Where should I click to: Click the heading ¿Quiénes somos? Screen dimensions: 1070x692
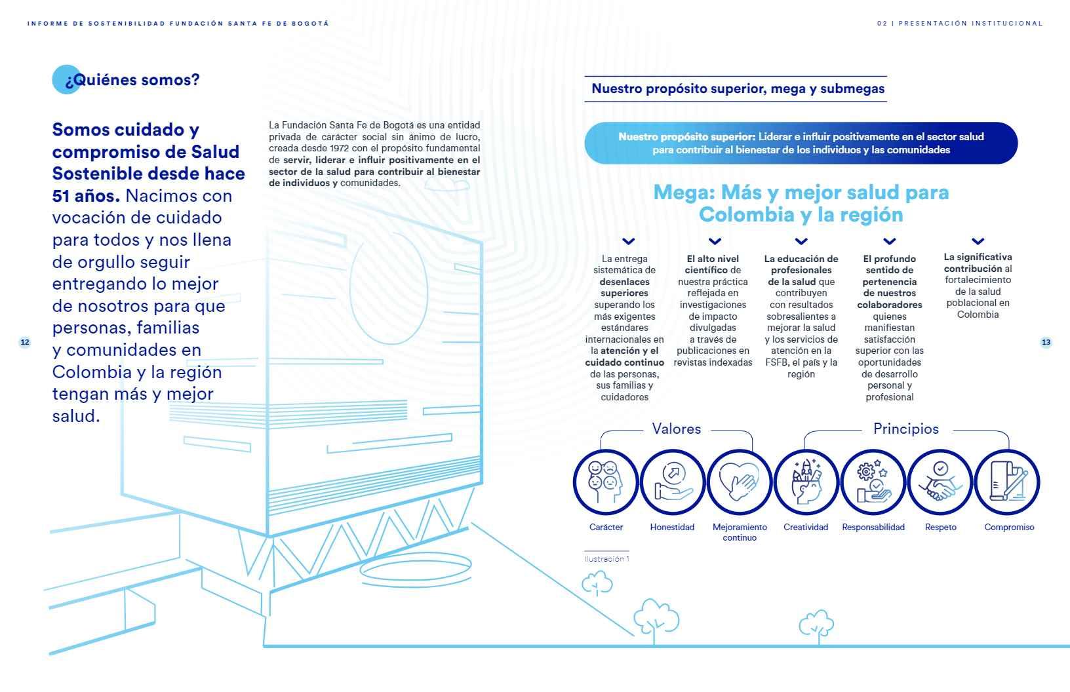[x=132, y=80]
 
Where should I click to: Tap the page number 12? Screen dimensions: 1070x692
[x=25, y=342]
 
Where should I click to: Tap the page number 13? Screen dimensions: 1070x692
[x=1046, y=342]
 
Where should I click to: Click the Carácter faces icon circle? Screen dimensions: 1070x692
[x=605, y=482]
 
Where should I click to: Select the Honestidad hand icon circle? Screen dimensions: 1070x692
[x=673, y=482]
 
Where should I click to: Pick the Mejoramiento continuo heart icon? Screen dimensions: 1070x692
[x=740, y=482]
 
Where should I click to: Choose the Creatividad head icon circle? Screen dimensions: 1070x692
[x=806, y=482]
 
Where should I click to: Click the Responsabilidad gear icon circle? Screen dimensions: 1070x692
[x=873, y=482]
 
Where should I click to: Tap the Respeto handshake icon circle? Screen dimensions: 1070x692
[x=941, y=482]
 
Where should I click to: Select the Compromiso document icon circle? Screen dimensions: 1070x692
[x=1008, y=482]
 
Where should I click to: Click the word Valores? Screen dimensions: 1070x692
[x=677, y=429]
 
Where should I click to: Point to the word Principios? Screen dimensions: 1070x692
[x=905, y=429]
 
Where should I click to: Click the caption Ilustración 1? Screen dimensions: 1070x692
[x=607, y=559]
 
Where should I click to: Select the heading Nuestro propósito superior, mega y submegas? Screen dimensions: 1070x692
[x=738, y=88]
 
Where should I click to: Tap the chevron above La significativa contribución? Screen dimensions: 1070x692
[x=978, y=241]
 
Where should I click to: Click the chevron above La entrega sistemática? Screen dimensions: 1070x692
[x=627, y=241]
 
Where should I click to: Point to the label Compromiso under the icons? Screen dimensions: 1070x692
[x=1009, y=528]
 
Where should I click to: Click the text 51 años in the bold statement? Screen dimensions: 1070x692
[x=85, y=196]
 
